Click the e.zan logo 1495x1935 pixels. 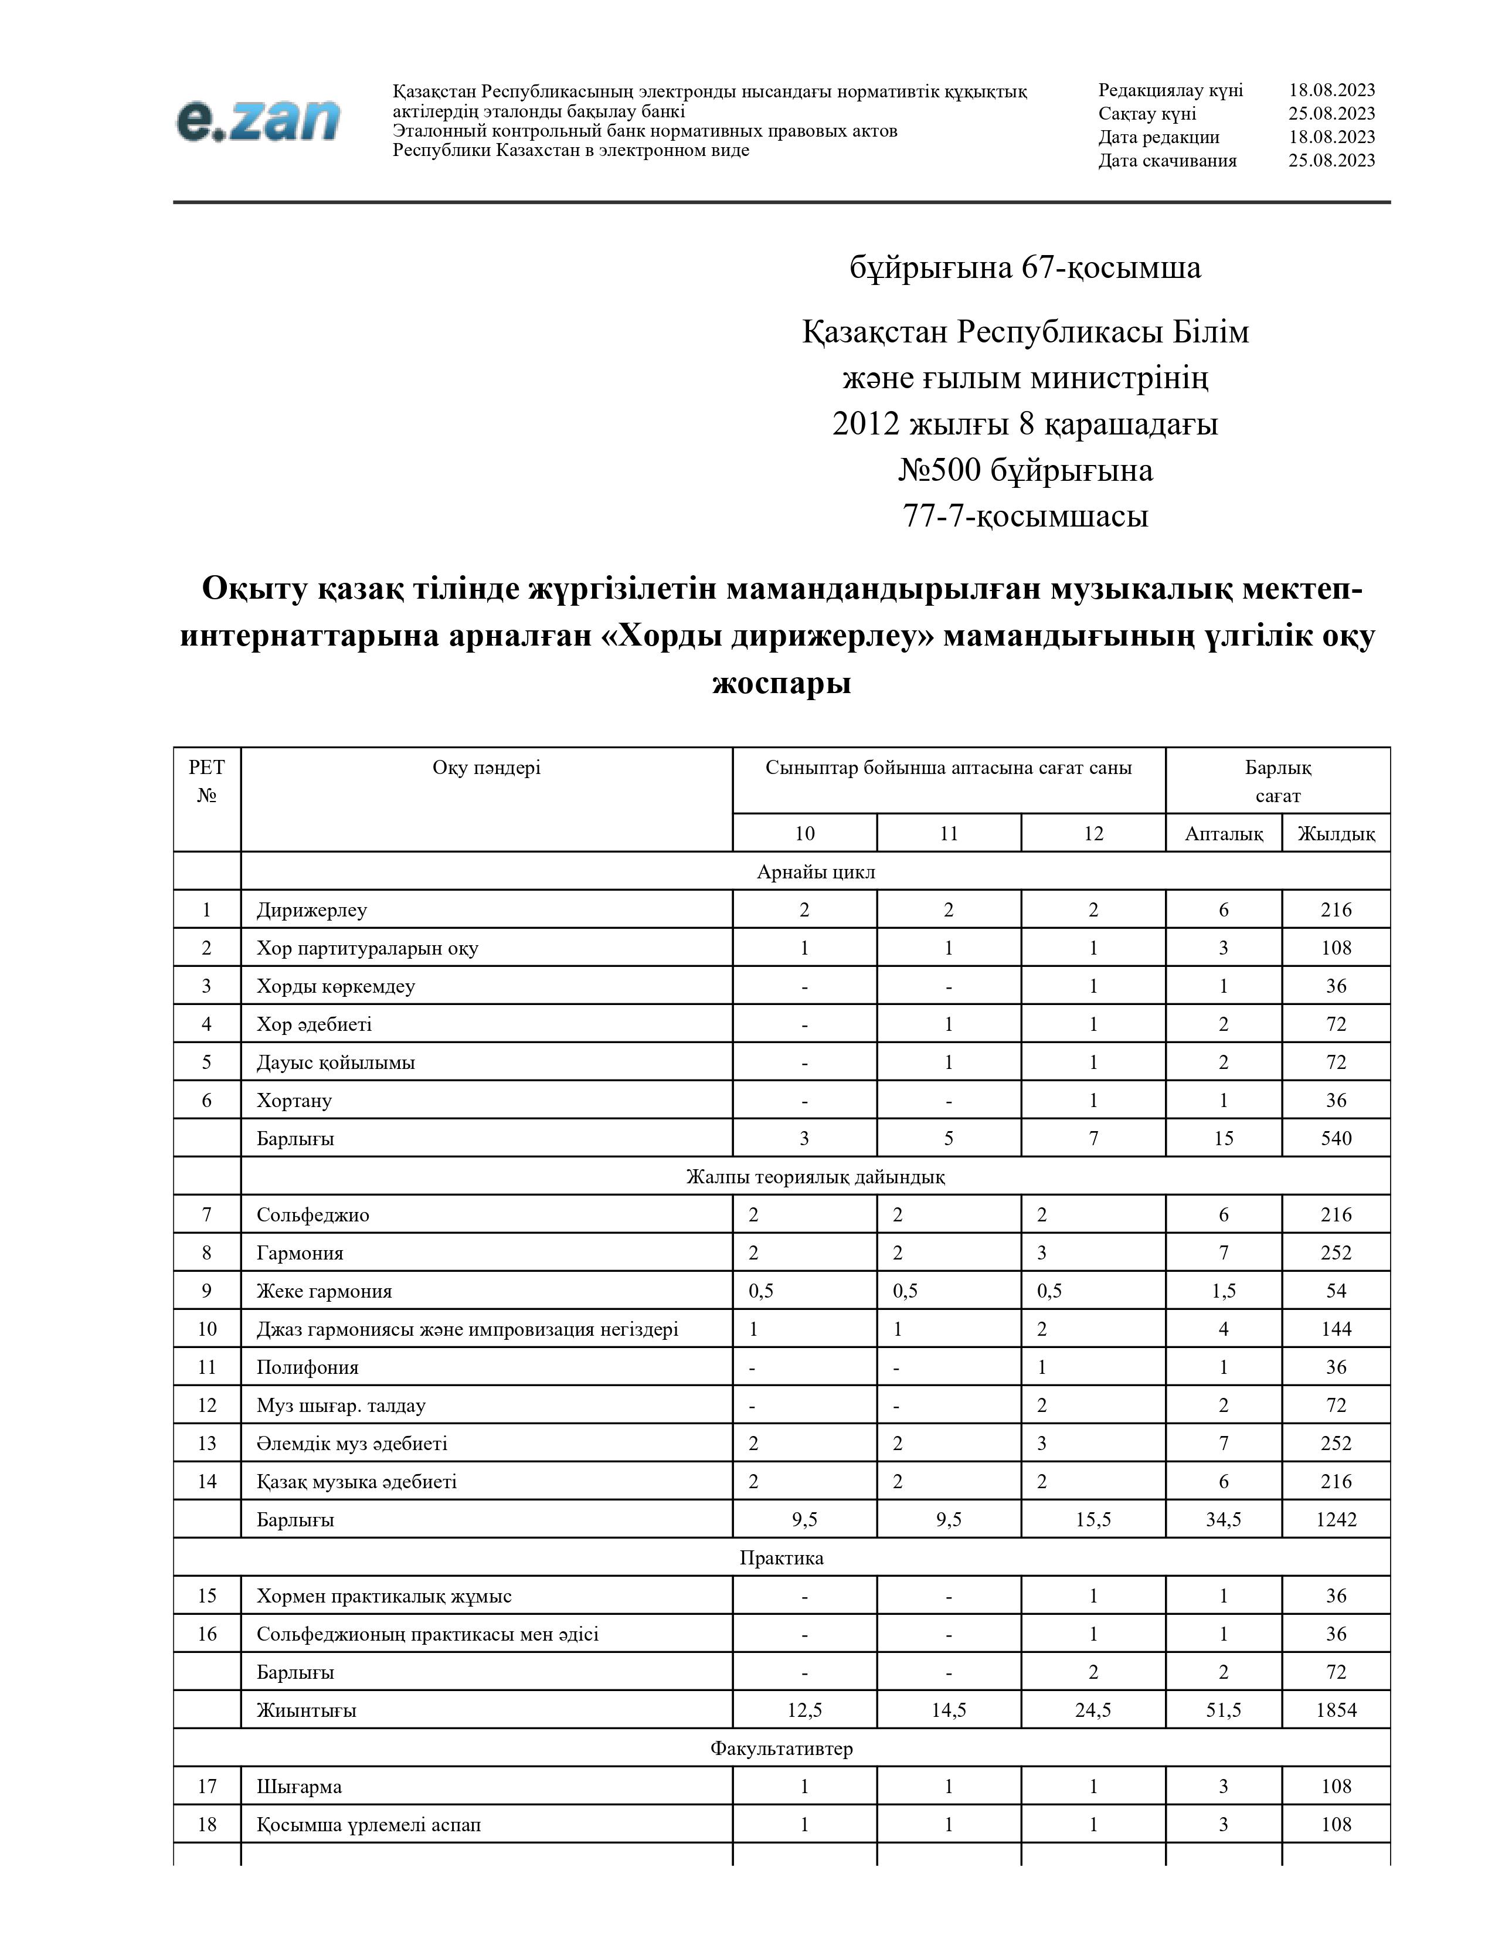click(x=258, y=120)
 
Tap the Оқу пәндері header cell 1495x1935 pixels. click(x=486, y=768)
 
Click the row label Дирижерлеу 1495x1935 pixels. click(x=312, y=910)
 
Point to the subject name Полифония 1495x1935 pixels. click(x=307, y=1367)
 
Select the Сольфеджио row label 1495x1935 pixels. click(x=312, y=1215)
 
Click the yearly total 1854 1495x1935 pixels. click(x=1336, y=1710)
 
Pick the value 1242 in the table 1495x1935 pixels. click(x=1336, y=1519)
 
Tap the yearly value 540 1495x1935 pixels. click(x=1336, y=1139)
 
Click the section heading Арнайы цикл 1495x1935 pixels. click(x=816, y=872)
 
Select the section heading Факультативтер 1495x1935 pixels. click(x=781, y=1748)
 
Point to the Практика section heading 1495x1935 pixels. click(x=781, y=1557)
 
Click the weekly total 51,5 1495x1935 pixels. click(x=1223, y=1710)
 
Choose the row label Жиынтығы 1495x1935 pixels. click(x=307, y=1710)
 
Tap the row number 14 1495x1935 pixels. click(x=207, y=1481)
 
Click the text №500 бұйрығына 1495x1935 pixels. click(x=1025, y=470)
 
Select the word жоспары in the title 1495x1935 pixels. click(x=781, y=683)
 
